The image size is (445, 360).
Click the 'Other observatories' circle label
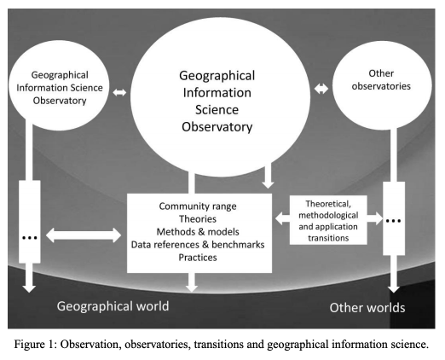coord(381,79)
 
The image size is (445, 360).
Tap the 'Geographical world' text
coord(113,306)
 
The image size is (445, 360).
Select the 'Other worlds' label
coord(367,308)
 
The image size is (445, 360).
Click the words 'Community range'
coord(198,206)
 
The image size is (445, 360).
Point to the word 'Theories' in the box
coord(198,219)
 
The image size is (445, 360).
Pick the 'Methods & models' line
coord(198,232)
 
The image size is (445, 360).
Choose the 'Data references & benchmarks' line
coord(198,245)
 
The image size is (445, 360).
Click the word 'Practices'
coord(198,258)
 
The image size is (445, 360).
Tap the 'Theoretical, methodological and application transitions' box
coord(328,220)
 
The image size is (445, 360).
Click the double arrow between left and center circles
coord(119,92)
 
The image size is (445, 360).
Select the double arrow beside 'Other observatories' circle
coord(321,89)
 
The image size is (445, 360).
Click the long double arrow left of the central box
coord(84,235)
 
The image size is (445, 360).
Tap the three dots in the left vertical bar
coord(30,238)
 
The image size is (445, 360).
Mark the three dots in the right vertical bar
coord(394,221)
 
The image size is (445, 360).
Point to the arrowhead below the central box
coord(192,287)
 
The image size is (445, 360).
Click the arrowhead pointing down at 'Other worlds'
coord(394,288)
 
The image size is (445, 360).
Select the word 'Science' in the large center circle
coord(217,110)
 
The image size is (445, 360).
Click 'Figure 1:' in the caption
coord(36,345)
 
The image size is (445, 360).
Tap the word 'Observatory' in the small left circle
coord(60,101)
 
